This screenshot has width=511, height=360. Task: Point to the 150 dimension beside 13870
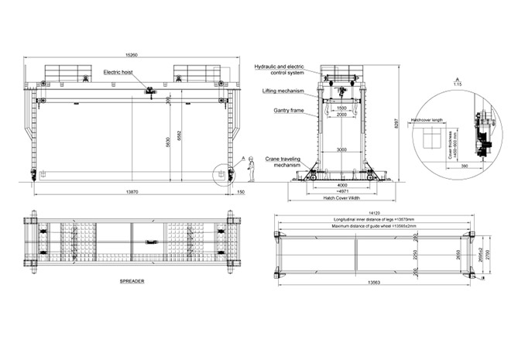pos(241,190)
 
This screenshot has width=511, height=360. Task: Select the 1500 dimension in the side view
pos(341,108)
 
